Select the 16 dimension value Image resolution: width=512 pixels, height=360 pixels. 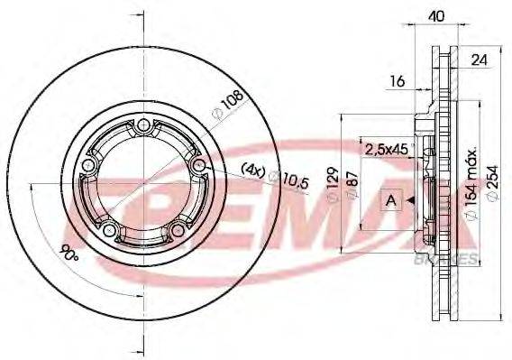[x=398, y=81]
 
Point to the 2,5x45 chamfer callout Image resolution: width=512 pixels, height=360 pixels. [x=386, y=147]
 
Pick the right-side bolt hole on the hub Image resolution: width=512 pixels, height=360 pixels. [x=198, y=165]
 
